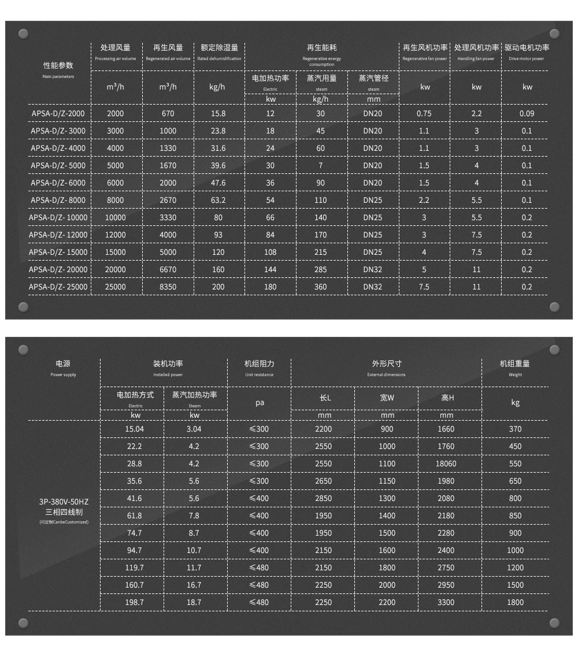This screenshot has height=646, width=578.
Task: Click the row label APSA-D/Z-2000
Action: (58, 114)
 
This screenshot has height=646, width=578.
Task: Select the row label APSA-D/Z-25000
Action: (58, 287)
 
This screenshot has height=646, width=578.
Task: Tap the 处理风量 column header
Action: (116, 48)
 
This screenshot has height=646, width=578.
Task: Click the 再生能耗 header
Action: (321, 48)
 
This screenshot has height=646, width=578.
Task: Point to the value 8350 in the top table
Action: (168, 287)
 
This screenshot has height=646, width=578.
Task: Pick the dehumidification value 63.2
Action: (218, 201)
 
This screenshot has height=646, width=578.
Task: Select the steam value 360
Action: (321, 287)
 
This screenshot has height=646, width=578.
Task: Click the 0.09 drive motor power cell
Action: (527, 114)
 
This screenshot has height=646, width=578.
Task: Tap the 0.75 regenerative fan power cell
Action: (424, 114)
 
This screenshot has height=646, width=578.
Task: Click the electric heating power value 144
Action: (270, 270)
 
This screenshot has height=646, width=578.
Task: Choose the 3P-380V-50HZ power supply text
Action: (64, 502)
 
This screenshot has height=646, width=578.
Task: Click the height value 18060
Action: (446, 464)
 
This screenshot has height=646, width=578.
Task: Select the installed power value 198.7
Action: (134, 603)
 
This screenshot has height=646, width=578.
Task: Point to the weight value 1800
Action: (515, 603)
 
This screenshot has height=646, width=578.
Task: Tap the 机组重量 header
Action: (515, 364)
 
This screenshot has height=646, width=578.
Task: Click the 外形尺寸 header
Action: (387, 364)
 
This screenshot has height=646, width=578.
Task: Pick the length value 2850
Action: (324, 499)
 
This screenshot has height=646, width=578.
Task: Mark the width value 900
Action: (387, 429)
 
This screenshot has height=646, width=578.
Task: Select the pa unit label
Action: (260, 403)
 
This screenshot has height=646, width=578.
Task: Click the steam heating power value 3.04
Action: (194, 429)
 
